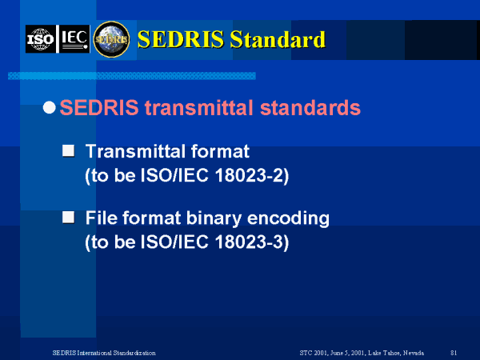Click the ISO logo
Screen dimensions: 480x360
41,39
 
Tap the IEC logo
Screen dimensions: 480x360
74,39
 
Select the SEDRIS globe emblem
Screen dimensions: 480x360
111,39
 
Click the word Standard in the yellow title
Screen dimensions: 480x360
278,39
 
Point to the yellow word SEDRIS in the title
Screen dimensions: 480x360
181,39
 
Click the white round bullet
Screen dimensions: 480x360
50,108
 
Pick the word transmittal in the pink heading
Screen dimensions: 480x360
199,108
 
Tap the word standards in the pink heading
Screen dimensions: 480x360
310,108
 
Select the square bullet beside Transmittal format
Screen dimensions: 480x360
68,150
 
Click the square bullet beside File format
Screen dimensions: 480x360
68,218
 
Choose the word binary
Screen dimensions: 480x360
214,219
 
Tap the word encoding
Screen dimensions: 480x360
288,219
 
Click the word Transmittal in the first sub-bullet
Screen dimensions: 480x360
135,151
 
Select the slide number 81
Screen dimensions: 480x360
454,353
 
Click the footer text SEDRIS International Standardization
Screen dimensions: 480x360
104,353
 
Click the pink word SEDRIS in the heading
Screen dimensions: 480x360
99,108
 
